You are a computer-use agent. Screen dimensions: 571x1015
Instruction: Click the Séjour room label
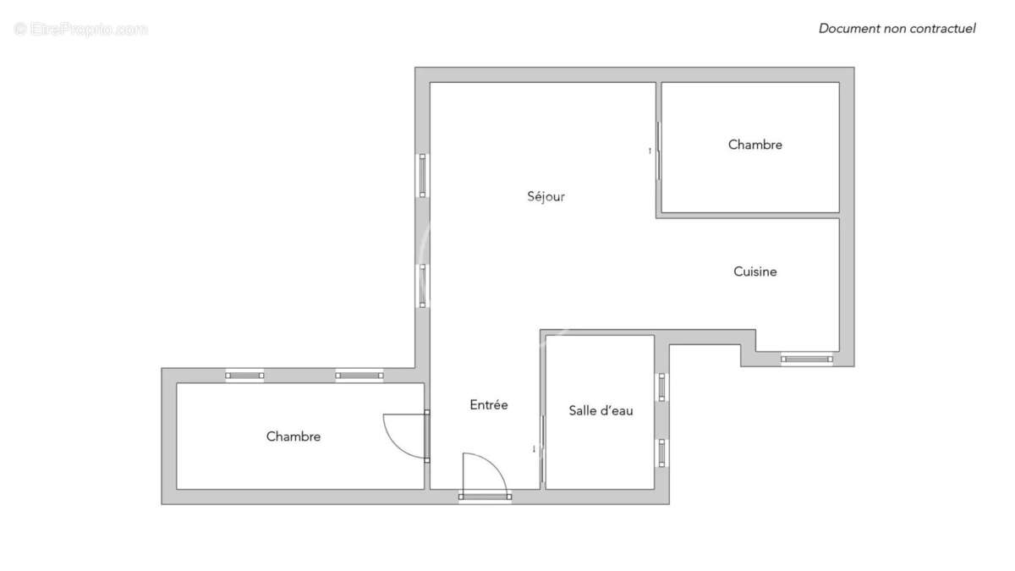click(x=546, y=197)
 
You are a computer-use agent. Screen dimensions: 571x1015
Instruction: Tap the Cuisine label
click(x=754, y=272)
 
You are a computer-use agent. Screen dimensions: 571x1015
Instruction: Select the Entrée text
click(x=489, y=405)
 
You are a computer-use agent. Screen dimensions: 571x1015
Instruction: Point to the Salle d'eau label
click(x=601, y=410)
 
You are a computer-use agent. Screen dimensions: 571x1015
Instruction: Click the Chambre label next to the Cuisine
click(x=754, y=145)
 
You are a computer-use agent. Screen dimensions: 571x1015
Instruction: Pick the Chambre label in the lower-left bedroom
click(x=294, y=436)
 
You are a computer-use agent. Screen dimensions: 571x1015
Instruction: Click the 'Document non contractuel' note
click(x=897, y=29)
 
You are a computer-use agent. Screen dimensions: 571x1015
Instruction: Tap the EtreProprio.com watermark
click(x=81, y=30)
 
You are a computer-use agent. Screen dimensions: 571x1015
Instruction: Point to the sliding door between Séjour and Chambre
click(x=658, y=151)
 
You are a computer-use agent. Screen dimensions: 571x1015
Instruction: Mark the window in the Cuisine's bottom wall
click(x=806, y=359)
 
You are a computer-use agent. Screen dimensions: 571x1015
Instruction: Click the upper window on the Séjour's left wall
click(x=423, y=175)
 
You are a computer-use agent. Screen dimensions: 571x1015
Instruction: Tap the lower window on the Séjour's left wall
click(x=423, y=285)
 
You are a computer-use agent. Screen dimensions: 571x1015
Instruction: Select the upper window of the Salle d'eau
click(x=662, y=387)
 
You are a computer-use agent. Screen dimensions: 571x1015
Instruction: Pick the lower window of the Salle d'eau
click(x=662, y=453)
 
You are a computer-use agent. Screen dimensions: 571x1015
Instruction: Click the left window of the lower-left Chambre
click(x=244, y=375)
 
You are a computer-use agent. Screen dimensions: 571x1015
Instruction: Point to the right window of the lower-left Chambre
click(x=359, y=375)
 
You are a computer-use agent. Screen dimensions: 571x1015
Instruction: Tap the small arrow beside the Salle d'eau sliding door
click(x=534, y=448)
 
